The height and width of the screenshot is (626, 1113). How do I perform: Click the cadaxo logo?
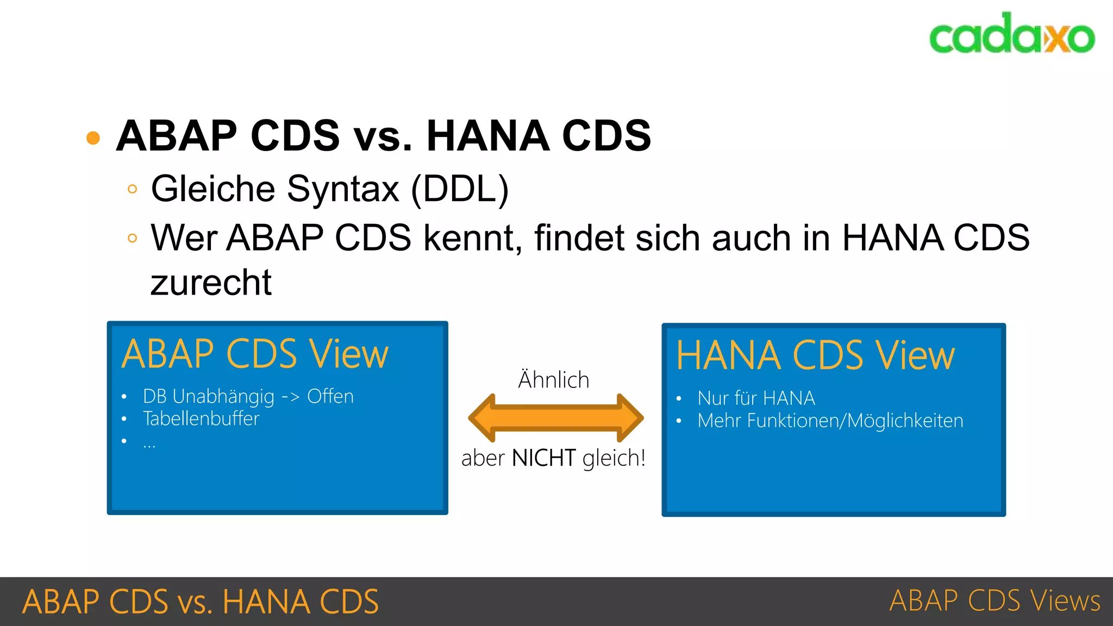[1011, 34]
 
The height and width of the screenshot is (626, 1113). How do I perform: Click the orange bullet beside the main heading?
[93, 137]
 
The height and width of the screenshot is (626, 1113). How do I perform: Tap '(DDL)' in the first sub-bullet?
[460, 189]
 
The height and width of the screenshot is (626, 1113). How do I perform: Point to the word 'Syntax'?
[343, 189]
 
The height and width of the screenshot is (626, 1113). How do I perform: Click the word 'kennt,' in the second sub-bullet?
[473, 238]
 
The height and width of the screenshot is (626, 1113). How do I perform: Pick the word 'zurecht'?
[211, 283]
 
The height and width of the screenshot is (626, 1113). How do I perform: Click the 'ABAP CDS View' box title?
[255, 354]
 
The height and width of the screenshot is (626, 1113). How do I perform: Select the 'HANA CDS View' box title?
[815, 356]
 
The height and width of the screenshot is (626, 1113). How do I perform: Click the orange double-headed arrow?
[555, 418]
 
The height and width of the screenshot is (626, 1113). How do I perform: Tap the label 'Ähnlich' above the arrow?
[553, 379]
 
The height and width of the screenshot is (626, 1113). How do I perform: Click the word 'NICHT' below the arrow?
[543, 458]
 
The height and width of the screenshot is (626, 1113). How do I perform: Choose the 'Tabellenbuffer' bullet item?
[201, 419]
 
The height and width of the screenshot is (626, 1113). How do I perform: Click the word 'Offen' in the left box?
[330, 397]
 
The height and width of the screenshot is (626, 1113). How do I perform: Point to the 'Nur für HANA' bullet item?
[756, 398]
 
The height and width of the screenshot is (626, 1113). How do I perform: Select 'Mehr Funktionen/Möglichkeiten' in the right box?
[830, 421]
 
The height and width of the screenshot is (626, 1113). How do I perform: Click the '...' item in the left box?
[149, 443]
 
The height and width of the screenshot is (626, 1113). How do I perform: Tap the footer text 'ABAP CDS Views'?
[995, 601]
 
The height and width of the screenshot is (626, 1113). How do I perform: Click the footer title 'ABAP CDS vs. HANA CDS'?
[200, 602]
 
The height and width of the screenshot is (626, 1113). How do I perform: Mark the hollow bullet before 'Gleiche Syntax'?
[132, 189]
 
